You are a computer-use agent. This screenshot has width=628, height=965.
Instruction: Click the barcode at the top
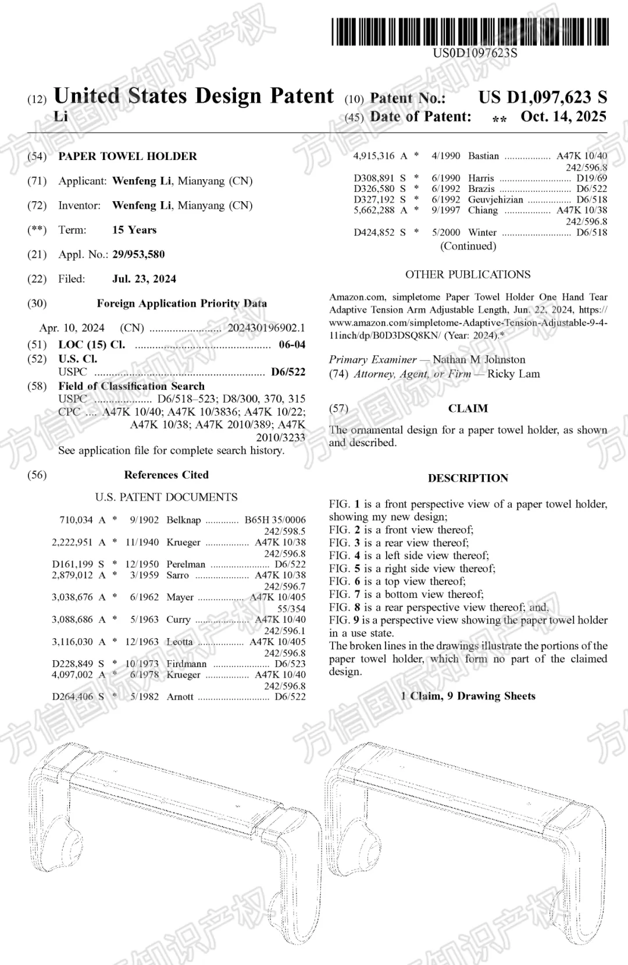470,31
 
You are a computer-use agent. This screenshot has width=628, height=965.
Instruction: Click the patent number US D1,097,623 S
543,98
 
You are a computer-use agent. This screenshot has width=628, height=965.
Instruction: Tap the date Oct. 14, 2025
563,116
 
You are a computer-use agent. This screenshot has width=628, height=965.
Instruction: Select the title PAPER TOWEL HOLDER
127,156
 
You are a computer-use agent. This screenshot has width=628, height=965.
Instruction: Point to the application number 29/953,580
138,254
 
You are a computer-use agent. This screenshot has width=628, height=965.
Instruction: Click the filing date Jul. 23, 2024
144,279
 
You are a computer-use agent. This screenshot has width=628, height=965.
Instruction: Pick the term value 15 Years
134,230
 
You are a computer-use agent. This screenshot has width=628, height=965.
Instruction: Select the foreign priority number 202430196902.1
266,327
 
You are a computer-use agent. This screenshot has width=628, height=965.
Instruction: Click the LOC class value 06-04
292,344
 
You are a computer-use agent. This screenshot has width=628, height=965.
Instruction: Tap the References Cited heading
166,475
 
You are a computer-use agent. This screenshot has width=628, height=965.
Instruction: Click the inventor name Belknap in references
183,520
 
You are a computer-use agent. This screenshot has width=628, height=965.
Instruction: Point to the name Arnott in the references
180,697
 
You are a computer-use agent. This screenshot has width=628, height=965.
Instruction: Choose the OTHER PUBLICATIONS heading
468,275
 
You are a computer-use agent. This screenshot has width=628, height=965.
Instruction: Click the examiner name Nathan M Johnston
479,359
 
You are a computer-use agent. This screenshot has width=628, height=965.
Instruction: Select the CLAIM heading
468,408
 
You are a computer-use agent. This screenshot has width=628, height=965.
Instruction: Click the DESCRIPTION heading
468,478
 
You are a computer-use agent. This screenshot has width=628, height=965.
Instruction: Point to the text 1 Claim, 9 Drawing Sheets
468,696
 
